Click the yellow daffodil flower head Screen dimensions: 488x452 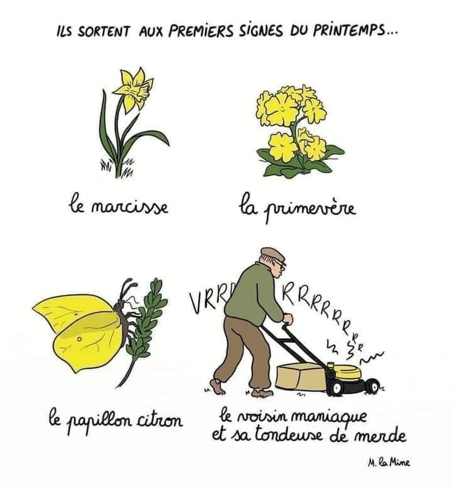click(x=134, y=88)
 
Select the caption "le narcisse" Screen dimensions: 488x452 click(x=119, y=206)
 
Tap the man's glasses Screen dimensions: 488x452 click(x=281, y=264)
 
